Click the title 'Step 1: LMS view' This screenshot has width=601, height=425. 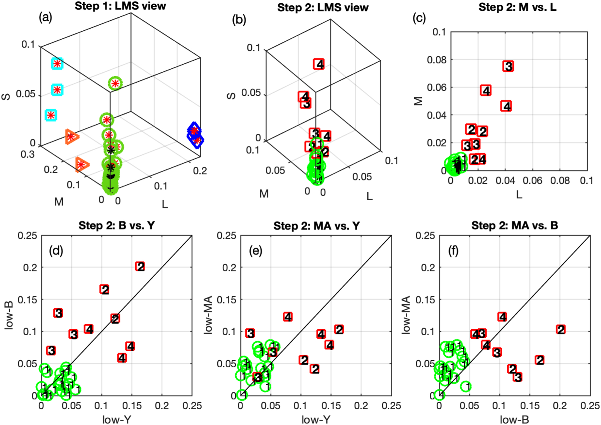point(120,6)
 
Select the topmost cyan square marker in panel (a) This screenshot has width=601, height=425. point(57,63)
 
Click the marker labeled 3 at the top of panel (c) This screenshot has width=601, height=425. point(508,66)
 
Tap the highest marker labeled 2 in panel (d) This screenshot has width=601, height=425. point(140,267)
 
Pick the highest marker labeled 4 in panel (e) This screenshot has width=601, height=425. point(288,317)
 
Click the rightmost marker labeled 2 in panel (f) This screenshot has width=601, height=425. point(561,330)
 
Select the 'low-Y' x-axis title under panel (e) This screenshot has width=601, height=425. point(316,419)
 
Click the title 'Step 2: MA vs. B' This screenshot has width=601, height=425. point(515,226)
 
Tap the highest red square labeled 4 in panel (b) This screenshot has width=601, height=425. point(319,64)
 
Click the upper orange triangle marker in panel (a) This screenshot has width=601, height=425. point(71,136)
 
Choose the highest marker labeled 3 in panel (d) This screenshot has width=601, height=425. point(58,313)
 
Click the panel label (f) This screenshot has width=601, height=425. point(453,251)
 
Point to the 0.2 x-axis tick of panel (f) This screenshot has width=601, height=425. point(560,406)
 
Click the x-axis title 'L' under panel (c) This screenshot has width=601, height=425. point(519,195)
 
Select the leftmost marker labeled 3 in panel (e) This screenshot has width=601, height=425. point(250,333)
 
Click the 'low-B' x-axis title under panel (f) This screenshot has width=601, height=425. point(514,419)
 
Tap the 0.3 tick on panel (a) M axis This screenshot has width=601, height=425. point(27,154)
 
